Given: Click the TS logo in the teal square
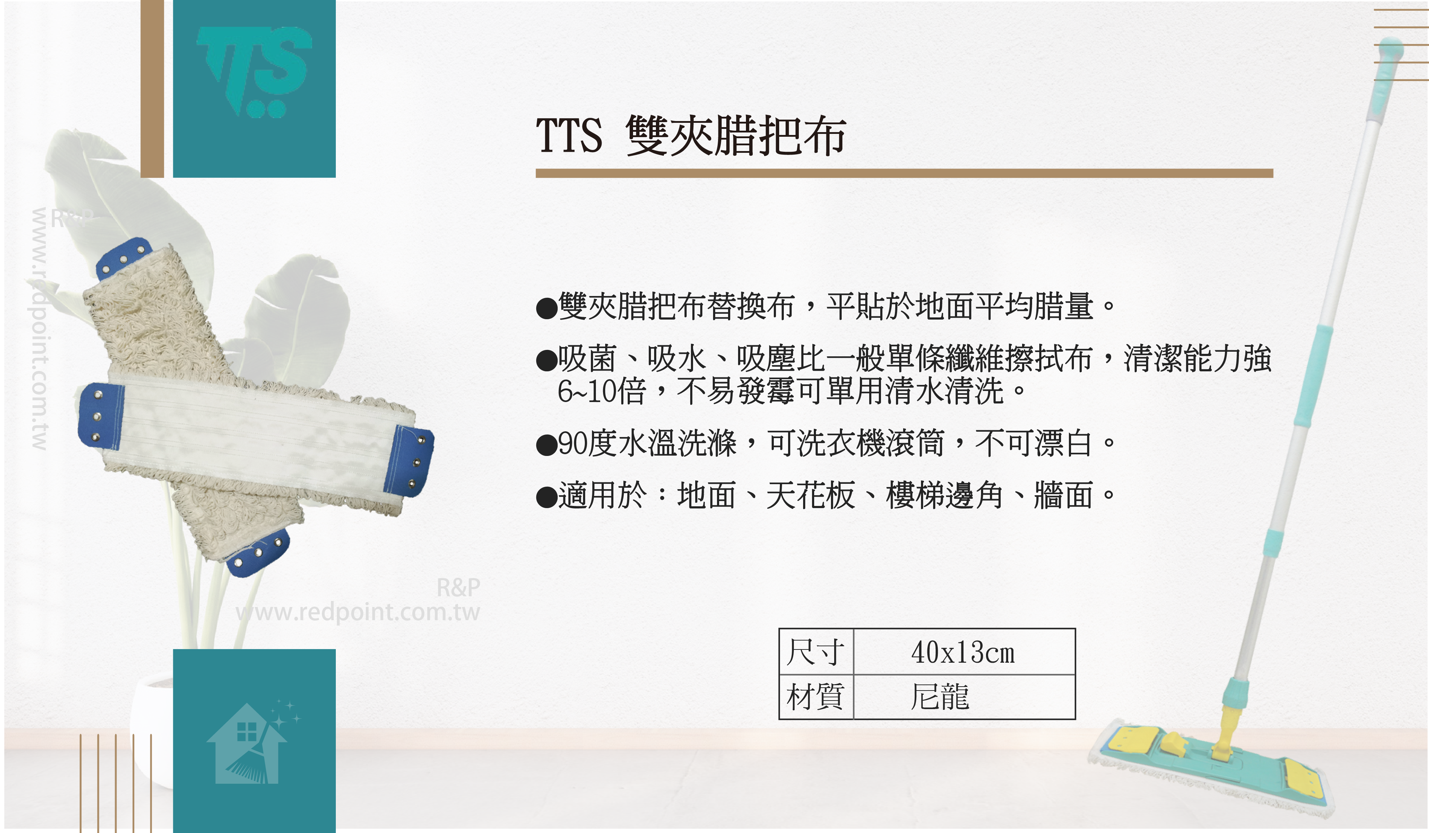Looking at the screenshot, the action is coord(254,71).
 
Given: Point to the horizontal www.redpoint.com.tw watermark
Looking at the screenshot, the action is coord(358,612).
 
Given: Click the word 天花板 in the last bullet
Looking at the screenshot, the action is coord(810,495).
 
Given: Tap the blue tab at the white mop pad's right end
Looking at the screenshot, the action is coord(408,460).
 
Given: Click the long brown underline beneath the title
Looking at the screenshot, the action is coord(905,174).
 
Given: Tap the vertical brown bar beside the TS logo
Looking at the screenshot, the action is coord(152,89).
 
